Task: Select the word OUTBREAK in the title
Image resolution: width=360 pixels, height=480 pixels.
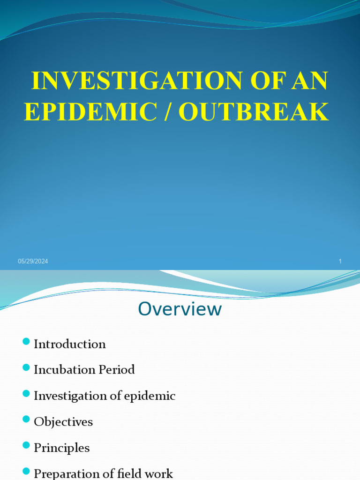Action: (254, 112)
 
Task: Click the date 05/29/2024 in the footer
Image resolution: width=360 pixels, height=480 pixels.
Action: (33, 262)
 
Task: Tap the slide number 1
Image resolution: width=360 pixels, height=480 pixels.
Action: (340, 262)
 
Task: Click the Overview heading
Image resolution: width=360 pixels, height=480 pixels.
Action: (180, 309)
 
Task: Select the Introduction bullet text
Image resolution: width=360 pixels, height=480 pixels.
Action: (70, 344)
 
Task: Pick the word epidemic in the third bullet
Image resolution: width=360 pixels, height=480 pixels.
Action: (150, 396)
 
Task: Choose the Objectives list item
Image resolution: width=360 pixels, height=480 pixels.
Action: (63, 422)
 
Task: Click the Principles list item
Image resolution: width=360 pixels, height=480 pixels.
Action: (61, 448)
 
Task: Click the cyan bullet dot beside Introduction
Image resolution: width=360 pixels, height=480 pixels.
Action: (26, 341)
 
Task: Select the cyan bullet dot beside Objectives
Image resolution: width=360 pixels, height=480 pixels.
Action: (26, 419)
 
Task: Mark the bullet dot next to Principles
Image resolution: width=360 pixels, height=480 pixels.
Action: (26, 445)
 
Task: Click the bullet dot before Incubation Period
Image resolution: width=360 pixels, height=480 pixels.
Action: (26, 367)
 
